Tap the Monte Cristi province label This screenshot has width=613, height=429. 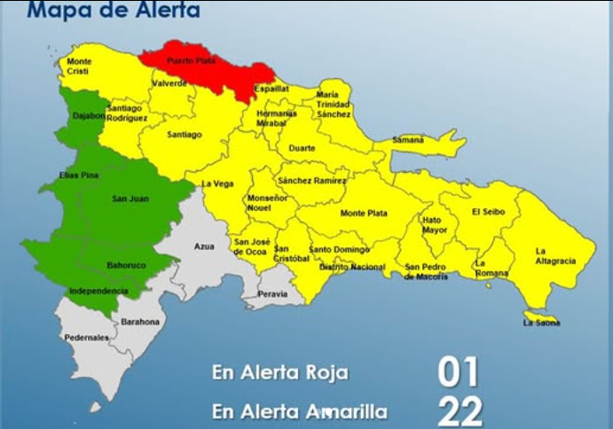tap(79, 66)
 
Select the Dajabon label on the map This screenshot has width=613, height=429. tap(89, 115)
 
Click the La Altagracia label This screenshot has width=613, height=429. tap(555, 256)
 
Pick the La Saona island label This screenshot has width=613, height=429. tap(541, 323)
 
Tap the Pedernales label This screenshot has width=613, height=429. tap(86, 338)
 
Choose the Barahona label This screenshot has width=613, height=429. tap(140, 322)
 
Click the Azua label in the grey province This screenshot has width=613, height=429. tap(204, 246)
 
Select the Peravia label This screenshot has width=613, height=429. tap(272, 293)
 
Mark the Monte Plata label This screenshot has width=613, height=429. tap(364, 214)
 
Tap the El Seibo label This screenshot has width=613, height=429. tap(488, 212)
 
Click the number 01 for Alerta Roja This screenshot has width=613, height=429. tap(458, 372)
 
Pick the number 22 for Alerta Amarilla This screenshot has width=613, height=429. tap(460, 412)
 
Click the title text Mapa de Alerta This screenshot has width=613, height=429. tap(113, 12)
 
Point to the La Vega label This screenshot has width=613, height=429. tap(217, 183)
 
